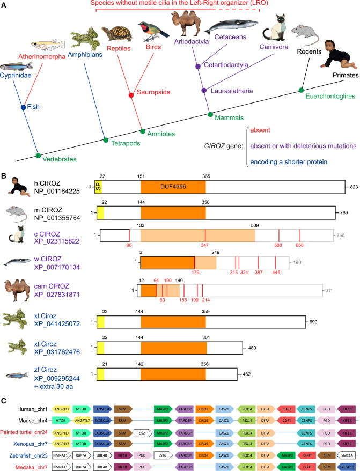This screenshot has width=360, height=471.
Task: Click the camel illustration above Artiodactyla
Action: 187,23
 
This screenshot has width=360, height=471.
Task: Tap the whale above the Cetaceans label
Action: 231,26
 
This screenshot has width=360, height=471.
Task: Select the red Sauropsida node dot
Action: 131,95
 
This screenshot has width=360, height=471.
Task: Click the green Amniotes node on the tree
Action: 142,131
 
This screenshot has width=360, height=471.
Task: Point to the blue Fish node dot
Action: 24,107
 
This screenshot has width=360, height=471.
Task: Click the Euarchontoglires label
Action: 330,96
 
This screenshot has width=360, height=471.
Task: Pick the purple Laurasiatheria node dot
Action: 204,90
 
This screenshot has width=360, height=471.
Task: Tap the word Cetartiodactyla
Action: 226,65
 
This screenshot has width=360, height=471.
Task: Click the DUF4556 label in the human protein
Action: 173,187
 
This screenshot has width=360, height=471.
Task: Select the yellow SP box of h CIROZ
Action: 98,187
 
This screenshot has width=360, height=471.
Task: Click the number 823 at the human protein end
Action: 354,187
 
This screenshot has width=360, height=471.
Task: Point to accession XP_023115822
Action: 57,241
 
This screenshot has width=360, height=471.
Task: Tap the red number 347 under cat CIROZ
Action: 204,245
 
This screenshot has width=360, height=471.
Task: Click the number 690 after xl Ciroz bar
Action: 313,322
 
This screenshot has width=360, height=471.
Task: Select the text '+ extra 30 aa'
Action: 54,387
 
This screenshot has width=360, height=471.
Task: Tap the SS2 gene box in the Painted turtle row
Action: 143,433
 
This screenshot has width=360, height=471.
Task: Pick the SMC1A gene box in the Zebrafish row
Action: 346,455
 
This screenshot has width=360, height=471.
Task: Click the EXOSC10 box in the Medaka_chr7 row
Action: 346,467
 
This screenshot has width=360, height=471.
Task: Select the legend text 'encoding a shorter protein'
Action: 289,162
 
